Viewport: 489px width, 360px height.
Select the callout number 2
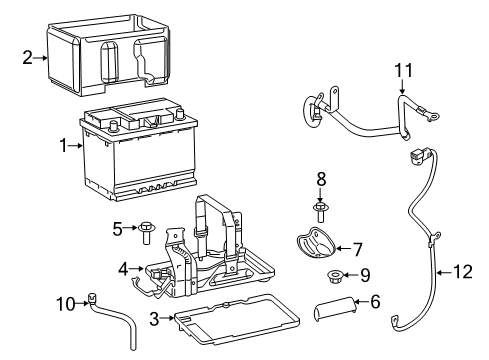click(x=29, y=57)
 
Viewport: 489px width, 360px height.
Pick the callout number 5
click(x=116, y=229)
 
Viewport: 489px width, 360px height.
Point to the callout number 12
click(x=461, y=269)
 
